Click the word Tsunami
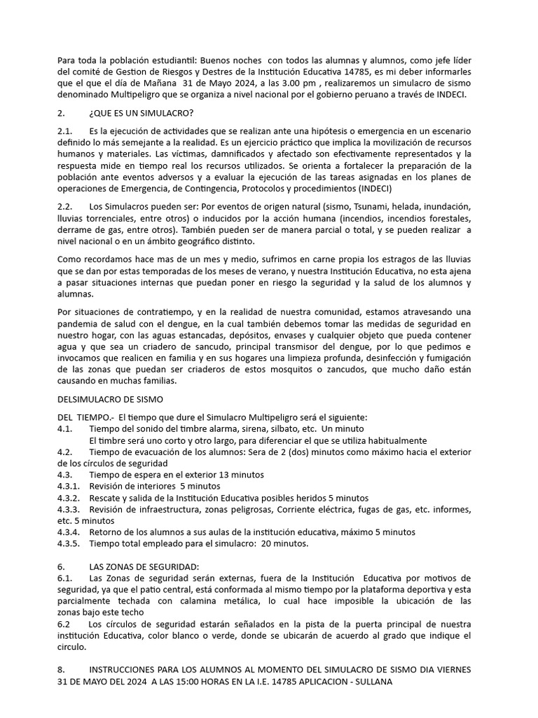coord(384,208)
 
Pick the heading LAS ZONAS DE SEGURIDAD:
coord(144,567)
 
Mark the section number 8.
coord(62,670)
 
